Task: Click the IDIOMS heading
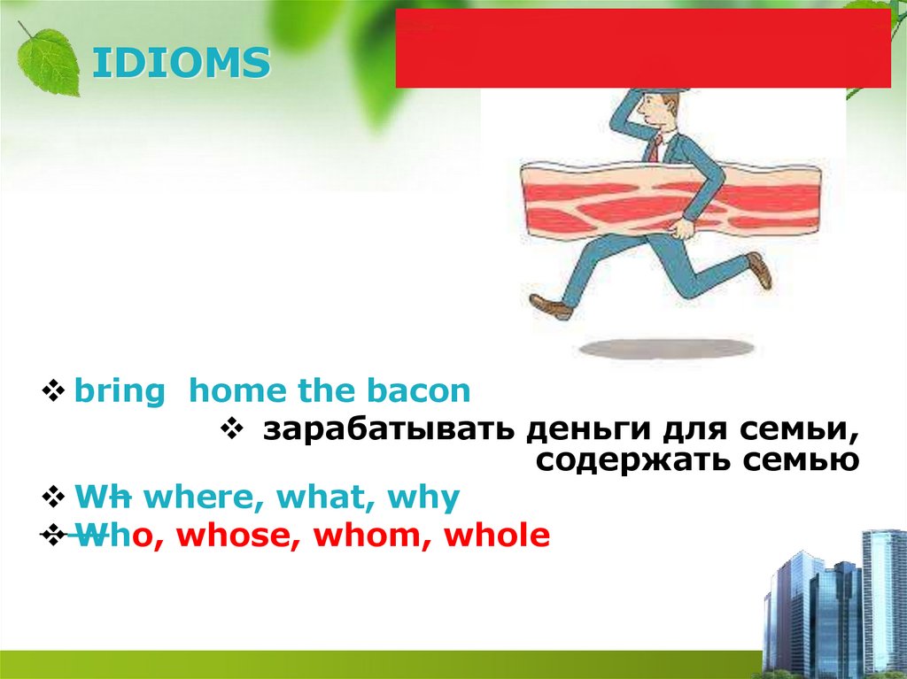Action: [x=182, y=65]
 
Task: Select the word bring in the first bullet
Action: [x=119, y=391]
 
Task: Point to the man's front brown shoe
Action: [x=551, y=307]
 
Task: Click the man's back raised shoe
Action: [x=759, y=269]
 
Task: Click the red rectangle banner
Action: [x=643, y=49]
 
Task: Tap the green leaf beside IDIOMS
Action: [x=49, y=59]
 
